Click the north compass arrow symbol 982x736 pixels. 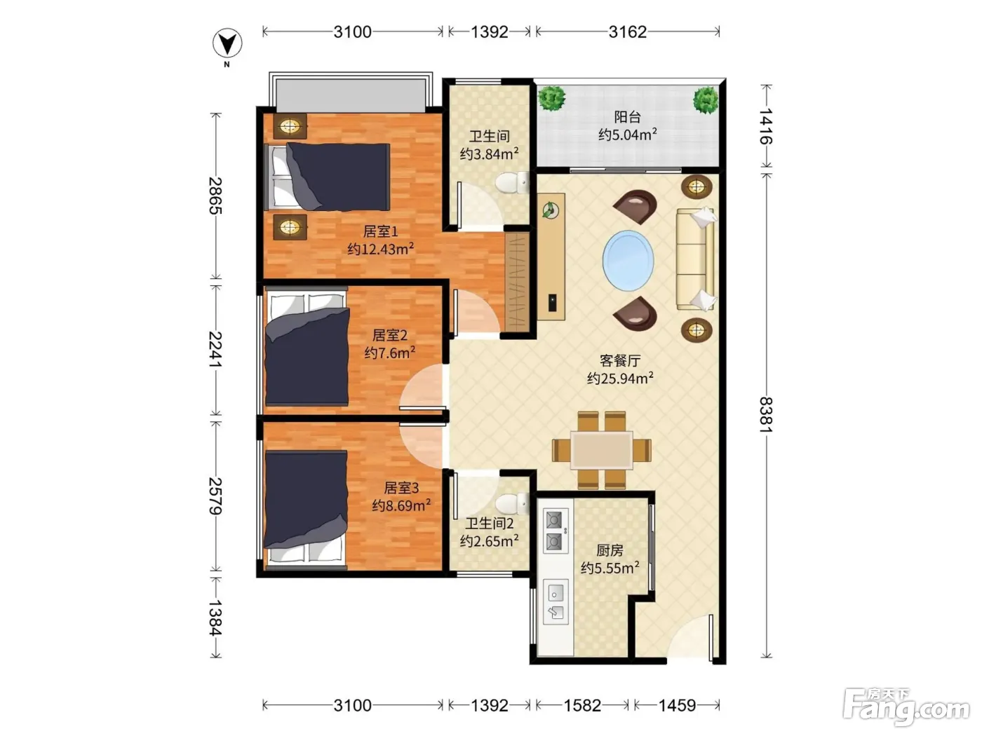(227, 43)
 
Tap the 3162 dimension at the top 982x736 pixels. (627, 32)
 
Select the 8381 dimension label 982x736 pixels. (766, 414)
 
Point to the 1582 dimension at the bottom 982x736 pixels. (582, 706)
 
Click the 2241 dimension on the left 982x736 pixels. (215, 349)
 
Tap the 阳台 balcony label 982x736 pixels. (627, 117)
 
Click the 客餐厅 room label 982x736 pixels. (619, 360)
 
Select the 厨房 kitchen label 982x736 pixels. (610, 550)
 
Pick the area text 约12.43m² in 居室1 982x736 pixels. (380, 248)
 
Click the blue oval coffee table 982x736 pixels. (628, 261)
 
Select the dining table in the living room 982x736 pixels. (601, 450)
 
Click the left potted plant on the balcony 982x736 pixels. (551, 98)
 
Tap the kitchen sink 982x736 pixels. (556, 602)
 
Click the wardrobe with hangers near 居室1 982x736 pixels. (517, 282)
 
